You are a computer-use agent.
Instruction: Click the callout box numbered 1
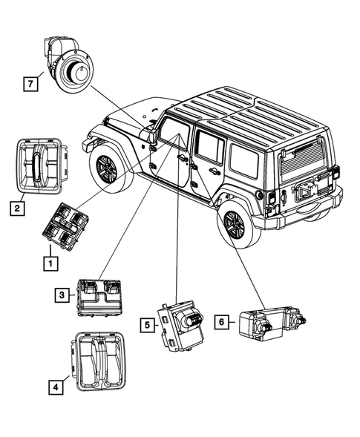pos(50,263)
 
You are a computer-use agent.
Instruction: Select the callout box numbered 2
pos(16,208)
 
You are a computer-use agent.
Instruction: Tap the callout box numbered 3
pos(60,296)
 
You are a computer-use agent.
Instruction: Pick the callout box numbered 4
pos(56,385)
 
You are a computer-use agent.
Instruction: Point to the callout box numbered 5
pos(148,323)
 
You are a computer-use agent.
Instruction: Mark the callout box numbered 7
pos(30,85)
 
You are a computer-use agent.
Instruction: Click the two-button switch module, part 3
pos(99,295)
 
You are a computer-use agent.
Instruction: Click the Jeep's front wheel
pos(107,170)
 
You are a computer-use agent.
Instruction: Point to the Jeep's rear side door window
pos(209,148)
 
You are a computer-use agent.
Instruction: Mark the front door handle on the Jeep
pos(183,158)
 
